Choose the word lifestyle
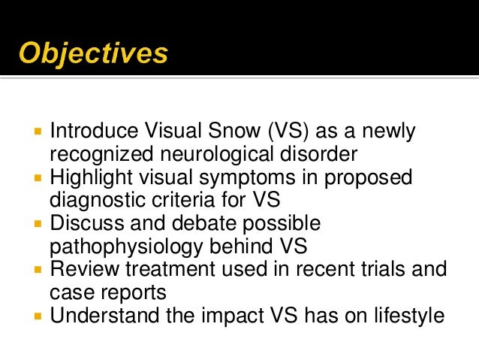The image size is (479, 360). click(x=408, y=315)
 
